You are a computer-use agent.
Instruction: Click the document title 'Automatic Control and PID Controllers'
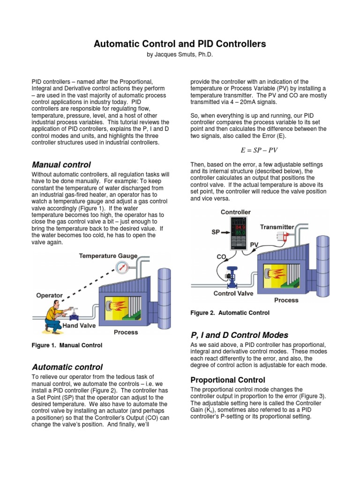coord(180,44)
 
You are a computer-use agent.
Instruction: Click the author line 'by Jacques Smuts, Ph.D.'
coord(180,55)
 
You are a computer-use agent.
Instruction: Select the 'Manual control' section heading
coord(61,165)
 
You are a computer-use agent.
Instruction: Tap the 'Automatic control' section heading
coord(67,367)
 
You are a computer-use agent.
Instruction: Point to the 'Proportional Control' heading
coord(227,380)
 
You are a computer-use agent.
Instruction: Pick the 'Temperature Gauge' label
coord(108,256)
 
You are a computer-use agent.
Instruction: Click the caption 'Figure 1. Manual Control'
coord(67,345)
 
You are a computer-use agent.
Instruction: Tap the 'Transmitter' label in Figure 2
coord(277,227)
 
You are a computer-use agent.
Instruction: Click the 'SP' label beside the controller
coord(216,232)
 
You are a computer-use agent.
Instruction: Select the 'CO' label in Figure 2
coord(221,256)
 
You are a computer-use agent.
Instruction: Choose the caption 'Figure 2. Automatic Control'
coord(230,313)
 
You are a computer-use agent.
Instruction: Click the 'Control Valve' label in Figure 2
coord(233,293)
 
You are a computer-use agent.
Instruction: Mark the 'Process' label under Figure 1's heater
coord(126,332)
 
